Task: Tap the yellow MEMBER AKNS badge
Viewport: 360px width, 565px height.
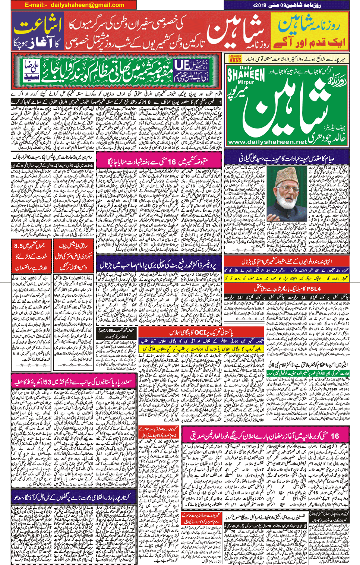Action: click(235, 59)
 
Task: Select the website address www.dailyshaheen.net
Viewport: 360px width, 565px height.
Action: click(267, 142)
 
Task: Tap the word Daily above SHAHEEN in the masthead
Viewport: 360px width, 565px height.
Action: click(246, 68)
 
